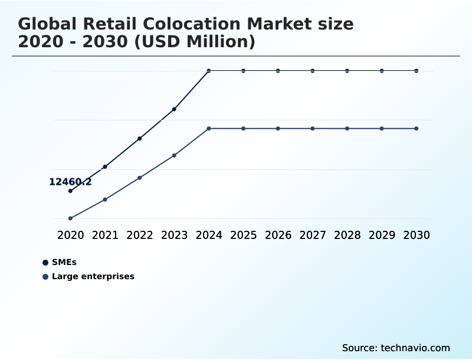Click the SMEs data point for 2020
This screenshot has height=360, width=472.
[70, 191]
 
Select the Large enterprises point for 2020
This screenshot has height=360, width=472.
[70, 218]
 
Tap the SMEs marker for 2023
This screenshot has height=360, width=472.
[174, 109]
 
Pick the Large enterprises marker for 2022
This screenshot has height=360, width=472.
[140, 178]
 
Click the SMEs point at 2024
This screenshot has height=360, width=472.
[209, 71]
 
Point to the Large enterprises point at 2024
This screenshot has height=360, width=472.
[209, 129]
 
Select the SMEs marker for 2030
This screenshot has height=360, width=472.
[417, 71]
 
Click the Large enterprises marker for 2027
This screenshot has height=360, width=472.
[313, 129]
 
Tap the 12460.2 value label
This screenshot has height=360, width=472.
[70, 182]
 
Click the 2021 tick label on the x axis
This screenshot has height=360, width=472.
[105, 235]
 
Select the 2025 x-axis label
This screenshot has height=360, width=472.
[243, 235]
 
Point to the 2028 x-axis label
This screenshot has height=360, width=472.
[347, 235]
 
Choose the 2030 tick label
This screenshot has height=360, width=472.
[417, 235]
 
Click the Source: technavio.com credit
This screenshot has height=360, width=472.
[396, 348]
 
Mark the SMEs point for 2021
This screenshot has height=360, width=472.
[105, 167]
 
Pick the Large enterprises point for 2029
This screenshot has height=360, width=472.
[382, 129]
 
